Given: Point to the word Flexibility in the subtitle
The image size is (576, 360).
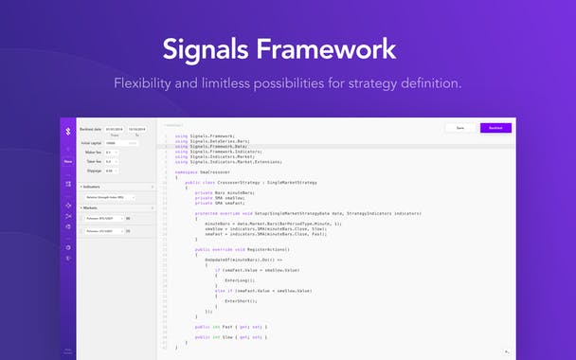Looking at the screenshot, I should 149,83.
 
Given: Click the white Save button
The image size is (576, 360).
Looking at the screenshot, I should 459,128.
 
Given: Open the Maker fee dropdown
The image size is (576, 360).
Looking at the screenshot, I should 113,152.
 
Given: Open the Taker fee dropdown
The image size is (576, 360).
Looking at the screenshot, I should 113,161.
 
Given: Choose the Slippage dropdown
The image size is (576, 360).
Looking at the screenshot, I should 113,171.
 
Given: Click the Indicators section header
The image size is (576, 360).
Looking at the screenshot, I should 95,187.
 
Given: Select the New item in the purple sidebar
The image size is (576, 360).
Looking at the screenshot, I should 68,160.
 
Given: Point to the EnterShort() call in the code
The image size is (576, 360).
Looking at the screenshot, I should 242,300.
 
